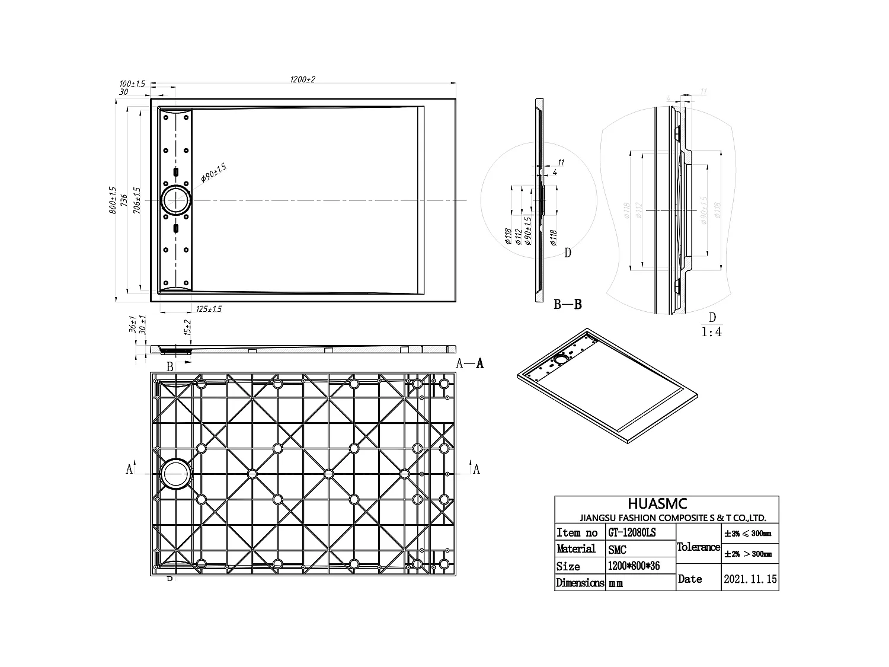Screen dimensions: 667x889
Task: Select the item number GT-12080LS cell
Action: click(632, 532)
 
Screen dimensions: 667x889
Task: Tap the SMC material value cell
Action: click(617, 550)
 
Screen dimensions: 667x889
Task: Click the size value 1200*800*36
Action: click(634, 566)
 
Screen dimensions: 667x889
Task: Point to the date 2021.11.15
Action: click(750, 579)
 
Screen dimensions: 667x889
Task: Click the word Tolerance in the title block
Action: click(698, 547)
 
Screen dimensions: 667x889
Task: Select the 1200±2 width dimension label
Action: click(302, 79)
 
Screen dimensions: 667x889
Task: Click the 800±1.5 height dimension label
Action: click(113, 200)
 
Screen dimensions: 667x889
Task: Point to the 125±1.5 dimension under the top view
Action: click(209, 309)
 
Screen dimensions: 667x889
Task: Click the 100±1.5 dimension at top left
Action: click(132, 84)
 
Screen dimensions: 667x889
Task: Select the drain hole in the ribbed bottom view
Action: click(175, 474)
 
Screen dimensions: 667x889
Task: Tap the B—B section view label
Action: click(567, 305)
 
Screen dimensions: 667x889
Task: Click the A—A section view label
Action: click(469, 363)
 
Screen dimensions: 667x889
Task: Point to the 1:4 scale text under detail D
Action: click(712, 332)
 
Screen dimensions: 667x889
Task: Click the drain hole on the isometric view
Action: click(561, 359)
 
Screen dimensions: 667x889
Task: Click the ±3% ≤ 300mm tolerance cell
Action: click(750, 534)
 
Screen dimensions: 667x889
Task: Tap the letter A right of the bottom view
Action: click(476, 470)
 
